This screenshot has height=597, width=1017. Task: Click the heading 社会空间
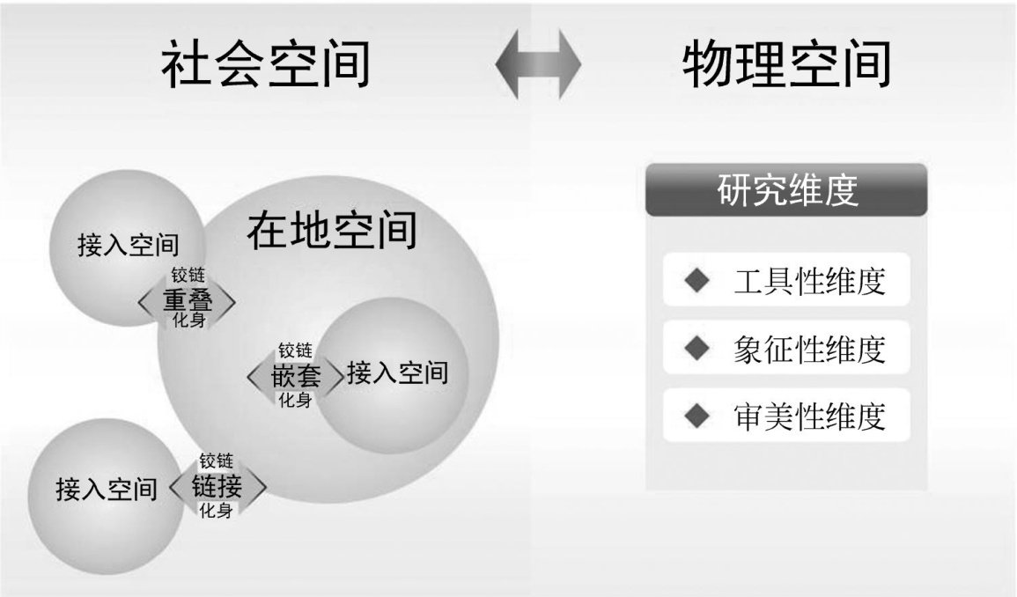click(265, 66)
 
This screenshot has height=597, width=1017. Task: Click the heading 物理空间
click(786, 66)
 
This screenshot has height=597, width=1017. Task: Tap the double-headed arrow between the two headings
click(538, 66)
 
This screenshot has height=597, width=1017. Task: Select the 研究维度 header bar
click(786, 190)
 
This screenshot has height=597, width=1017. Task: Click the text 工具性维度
click(808, 282)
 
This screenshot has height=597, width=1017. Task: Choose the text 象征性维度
click(808, 349)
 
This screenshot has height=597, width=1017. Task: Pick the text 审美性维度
click(808, 415)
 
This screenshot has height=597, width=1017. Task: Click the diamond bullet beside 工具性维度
click(696, 282)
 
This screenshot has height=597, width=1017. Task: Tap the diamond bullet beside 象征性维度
click(696, 349)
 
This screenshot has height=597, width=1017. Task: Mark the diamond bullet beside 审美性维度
click(696, 415)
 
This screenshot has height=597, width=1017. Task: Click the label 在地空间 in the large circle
click(331, 231)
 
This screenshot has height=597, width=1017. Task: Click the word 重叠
click(188, 301)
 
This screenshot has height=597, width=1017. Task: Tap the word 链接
click(217, 486)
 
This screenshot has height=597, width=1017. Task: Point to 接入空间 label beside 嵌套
click(397, 373)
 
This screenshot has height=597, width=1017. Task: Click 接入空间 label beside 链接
click(107, 488)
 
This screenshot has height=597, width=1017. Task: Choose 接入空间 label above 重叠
click(129, 244)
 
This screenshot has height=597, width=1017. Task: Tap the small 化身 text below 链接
click(216, 510)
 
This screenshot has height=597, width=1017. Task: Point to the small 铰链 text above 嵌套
click(296, 351)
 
